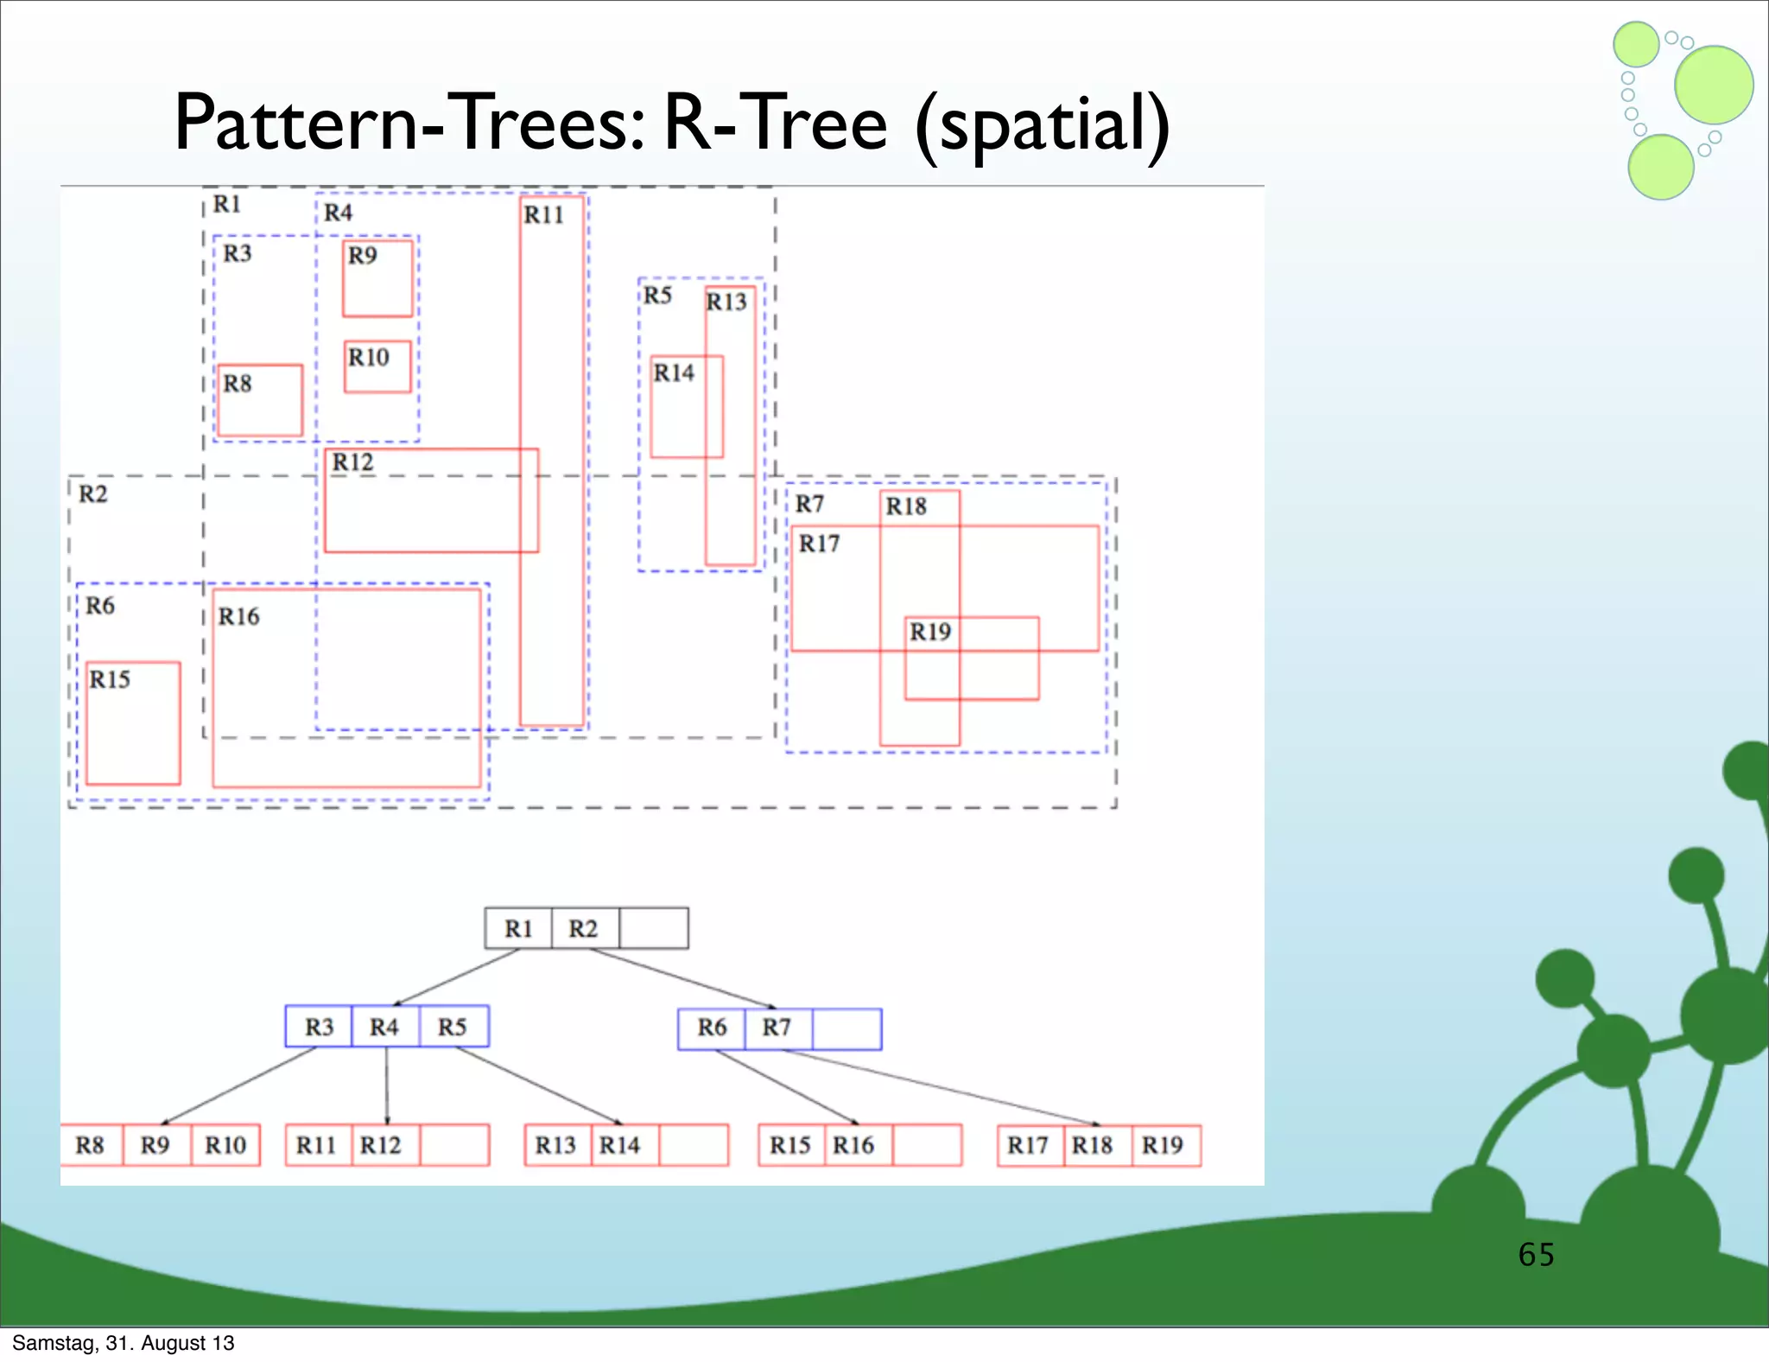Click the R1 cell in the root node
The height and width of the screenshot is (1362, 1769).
pos(518,928)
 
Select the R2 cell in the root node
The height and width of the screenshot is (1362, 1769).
pos(584,928)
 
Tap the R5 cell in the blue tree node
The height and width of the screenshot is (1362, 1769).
pos(453,1027)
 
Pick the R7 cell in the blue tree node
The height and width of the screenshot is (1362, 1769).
pos(777,1028)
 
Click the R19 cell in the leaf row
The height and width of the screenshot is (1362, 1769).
pos(1163,1145)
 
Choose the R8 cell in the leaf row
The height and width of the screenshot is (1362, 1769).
pos(91,1145)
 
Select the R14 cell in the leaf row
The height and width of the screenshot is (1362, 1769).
pos(621,1145)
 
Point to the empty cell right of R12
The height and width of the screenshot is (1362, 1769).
pos(454,1145)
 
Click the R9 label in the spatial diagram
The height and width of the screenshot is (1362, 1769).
pos(363,255)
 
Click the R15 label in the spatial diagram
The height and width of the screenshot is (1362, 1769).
pos(110,679)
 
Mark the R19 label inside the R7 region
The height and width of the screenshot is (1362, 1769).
pos(930,632)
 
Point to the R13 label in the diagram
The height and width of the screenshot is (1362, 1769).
pos(726,302)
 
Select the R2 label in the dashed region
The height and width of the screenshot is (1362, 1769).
pos(93,494)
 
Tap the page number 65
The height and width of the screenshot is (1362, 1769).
pos(1536,1254)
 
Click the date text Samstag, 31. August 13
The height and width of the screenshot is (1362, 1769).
pos(123,1343)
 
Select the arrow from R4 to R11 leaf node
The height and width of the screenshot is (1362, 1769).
pos(386,1085)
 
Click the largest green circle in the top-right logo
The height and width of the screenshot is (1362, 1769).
pos(1714,85)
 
